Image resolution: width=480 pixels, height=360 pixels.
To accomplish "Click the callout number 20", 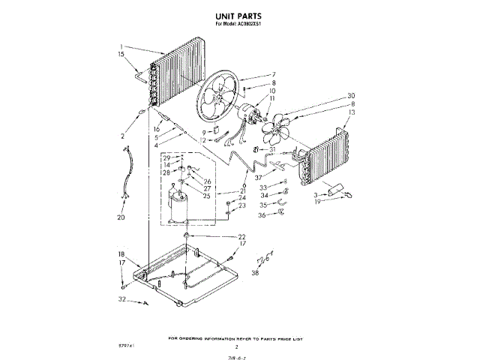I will (121, 218).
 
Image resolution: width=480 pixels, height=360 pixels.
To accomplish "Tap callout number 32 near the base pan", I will (122, 299).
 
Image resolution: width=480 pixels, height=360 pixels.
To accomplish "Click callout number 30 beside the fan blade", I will (351, 95).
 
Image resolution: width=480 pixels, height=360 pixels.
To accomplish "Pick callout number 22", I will (242, 237).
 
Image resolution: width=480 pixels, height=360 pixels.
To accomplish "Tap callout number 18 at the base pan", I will (122, 254).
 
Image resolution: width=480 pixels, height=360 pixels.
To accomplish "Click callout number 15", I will (122, 55).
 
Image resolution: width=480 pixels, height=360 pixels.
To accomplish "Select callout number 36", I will (263, 214).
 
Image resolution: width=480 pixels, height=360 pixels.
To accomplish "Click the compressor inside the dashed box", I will (178, 205).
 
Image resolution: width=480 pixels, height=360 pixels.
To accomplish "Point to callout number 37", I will (258, 178).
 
